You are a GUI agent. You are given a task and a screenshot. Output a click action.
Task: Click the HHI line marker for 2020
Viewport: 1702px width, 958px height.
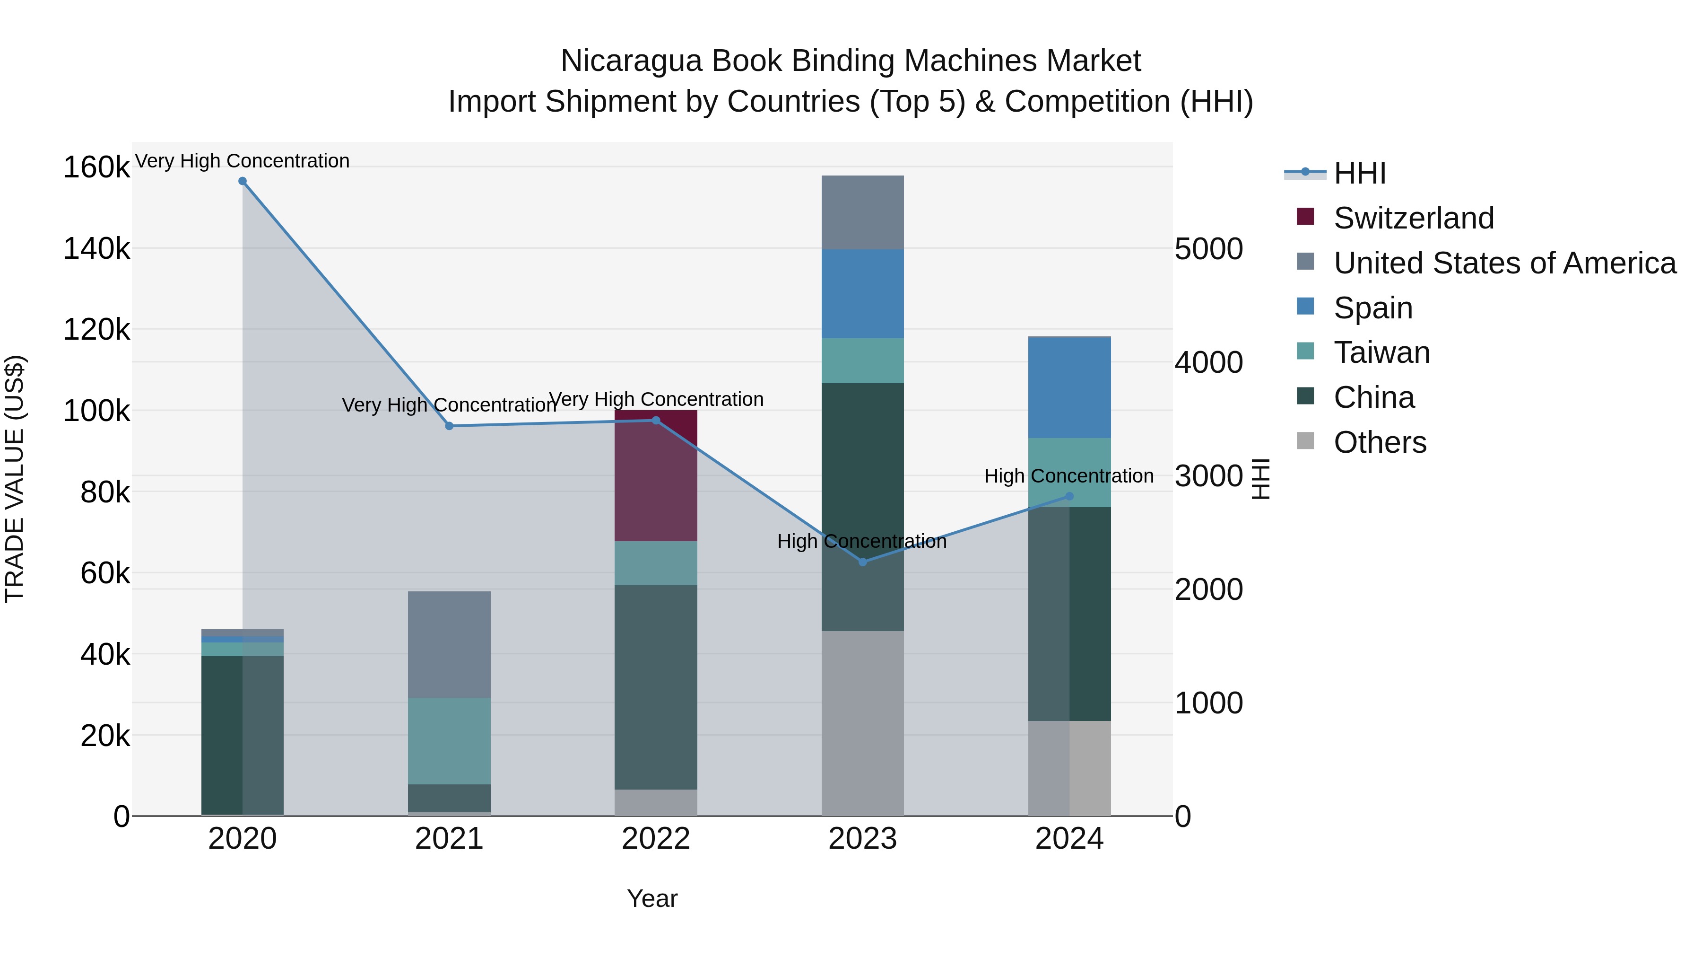pos(243,181)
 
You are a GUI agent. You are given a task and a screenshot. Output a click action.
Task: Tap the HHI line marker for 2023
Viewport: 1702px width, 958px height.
pos(862,562)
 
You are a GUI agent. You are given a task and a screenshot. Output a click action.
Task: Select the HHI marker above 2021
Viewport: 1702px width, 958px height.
pos(449,426)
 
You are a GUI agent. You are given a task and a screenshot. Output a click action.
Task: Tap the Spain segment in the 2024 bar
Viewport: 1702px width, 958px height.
pos(1069,387)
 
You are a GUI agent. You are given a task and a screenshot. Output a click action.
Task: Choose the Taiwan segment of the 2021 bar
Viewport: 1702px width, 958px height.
pos(449,740)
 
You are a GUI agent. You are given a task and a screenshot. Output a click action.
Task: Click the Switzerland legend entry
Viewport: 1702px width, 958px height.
pos(1413,218)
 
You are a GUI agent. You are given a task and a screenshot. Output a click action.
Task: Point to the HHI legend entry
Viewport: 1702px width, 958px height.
pos(1359,173)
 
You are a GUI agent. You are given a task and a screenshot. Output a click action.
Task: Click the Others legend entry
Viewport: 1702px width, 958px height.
pos(1380,442)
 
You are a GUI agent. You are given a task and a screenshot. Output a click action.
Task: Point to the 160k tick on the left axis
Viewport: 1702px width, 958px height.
pos(96,167)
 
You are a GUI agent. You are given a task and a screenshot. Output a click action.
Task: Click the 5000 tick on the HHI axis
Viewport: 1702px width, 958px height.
pos(1208,249)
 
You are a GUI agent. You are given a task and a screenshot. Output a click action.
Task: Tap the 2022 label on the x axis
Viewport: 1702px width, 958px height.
pos(656,839)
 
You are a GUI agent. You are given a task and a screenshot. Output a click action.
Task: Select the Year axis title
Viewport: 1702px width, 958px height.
pos(652,898)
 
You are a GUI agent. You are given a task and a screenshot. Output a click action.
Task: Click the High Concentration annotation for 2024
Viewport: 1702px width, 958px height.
pos(1068,476)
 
